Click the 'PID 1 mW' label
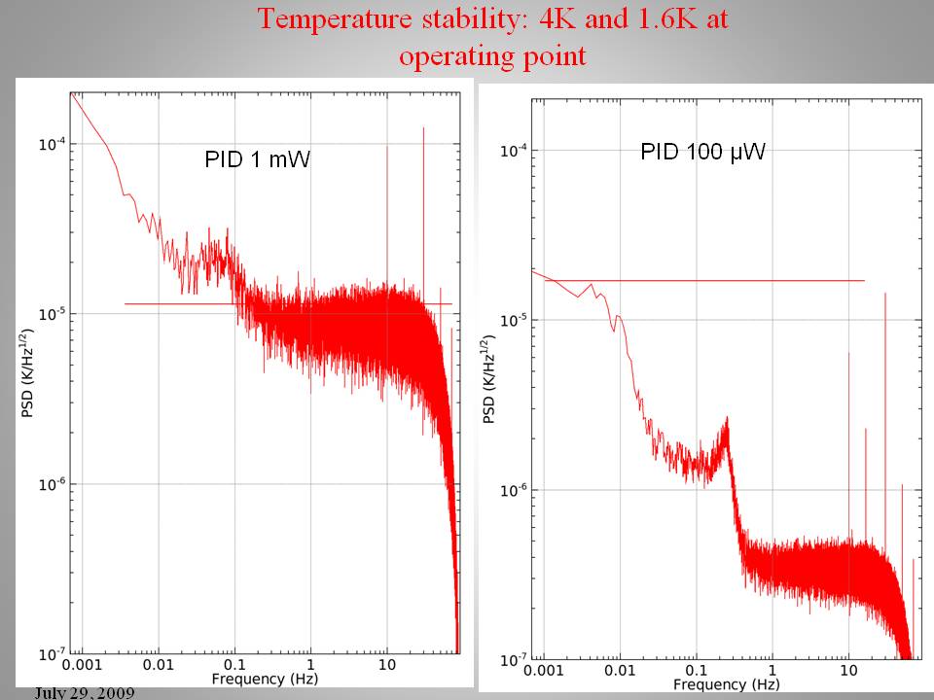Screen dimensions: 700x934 (257, 159)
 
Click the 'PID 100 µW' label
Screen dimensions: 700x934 (702, 152)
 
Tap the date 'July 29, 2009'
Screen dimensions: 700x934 (84, 692)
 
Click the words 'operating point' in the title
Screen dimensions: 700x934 (492, 55)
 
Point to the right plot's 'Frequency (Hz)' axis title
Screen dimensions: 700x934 (725, 684)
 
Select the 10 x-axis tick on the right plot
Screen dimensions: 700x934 (848, 671)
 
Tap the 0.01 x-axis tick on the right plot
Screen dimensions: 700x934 (620, 671)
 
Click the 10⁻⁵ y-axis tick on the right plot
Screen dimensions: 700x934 (514, 320)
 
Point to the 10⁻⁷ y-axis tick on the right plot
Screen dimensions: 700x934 (514, 660)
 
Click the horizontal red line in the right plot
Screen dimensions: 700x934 (730, 281)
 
